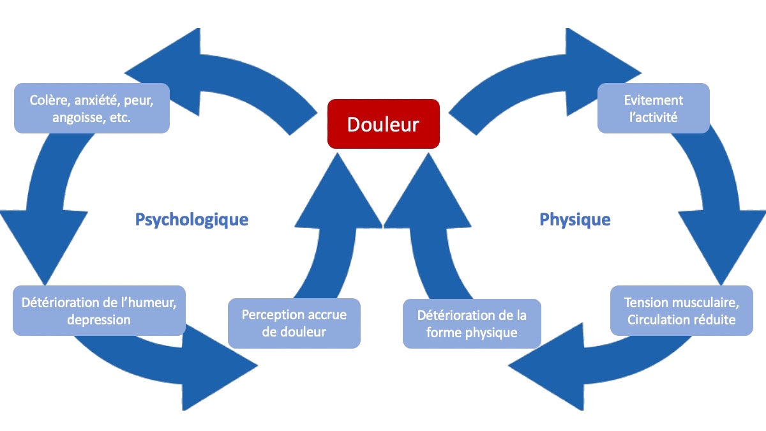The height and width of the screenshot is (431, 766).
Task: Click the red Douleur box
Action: (384, 124)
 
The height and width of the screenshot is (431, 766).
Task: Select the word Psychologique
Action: (192, 220)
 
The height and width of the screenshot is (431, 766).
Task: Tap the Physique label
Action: (575, 220)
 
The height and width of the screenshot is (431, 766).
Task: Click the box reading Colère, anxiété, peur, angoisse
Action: (92, 108)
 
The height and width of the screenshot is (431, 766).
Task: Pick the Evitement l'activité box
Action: (654, 108)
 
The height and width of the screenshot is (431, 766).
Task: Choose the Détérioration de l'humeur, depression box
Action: (99, 310)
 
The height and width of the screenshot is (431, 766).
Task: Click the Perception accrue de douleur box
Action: (294, 323)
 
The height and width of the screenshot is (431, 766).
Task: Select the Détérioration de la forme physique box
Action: (472, 324)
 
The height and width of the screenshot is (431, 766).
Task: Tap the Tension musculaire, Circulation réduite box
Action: (682, 310)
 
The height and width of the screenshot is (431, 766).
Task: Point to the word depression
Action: (99, 320)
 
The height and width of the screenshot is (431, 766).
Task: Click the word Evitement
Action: (654, 100)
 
